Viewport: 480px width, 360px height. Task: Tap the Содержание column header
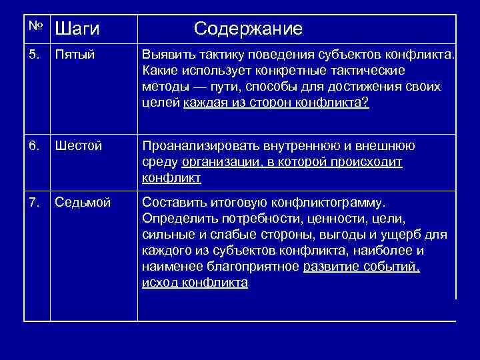pos(248,29)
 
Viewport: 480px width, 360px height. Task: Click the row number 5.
pos(35,55)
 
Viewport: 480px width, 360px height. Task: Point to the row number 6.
pos(35,146)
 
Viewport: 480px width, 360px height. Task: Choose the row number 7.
pos(35,203)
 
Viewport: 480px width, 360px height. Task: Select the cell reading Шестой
pos(78,146)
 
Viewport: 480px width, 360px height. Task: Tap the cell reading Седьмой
pos(83,203)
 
